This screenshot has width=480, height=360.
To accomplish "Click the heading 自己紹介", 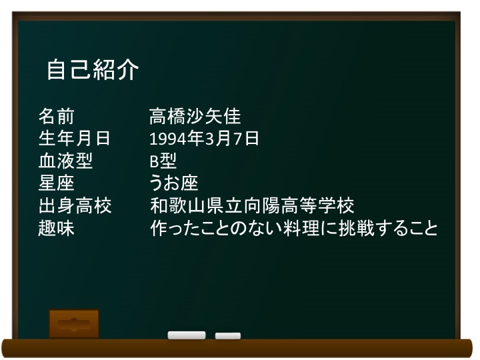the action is coord(93,69).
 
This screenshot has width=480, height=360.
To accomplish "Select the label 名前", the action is coord(56,116).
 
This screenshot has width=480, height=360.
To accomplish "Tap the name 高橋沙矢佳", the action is coord(195,116).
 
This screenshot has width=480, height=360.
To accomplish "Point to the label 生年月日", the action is coord(75,139).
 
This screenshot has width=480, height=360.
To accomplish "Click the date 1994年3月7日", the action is coord(204,139).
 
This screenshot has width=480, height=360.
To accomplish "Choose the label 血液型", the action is coord(65,161).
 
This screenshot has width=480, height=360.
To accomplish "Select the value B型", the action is coord(163,161).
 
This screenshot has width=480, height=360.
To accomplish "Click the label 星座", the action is coord(56,183).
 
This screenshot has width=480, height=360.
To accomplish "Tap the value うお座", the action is coord(174,183).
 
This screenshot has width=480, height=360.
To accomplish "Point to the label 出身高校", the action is coord(75,205).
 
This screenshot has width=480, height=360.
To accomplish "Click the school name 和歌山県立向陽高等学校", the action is coord(252,205).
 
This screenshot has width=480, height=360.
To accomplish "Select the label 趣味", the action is coord(56,228).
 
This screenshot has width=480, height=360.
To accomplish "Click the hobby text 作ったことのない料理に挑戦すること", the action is coord(294,228).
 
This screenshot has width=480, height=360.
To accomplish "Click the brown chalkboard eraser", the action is coord(74,324).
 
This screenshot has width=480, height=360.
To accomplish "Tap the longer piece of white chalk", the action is coord(187,335).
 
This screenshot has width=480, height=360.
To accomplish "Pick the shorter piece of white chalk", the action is coord(228,336).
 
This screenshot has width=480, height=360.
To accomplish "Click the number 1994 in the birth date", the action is coord(168,139).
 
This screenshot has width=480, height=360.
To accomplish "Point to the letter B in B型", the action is coord(154,161).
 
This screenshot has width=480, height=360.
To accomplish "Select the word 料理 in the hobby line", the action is coord(301,228).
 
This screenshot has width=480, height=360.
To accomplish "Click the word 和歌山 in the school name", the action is coord(177,205).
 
